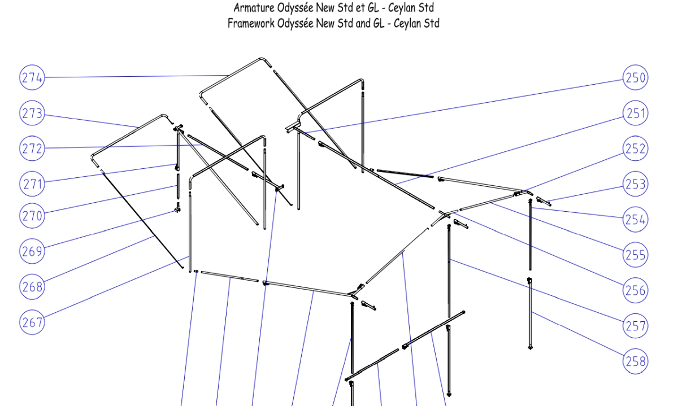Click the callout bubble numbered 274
32,77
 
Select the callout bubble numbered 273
32,113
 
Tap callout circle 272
32,149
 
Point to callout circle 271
32,184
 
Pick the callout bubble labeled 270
32,216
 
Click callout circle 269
32,251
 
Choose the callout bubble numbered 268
32,286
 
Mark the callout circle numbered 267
32,322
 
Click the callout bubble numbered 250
635,77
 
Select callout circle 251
635,113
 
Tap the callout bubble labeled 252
635,149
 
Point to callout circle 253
635,184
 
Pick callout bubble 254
635,219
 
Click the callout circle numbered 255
635,255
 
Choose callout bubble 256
635,290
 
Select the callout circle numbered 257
635,326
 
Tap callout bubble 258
635,361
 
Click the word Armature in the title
254,8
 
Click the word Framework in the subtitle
251,23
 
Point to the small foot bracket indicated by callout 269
177,208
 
